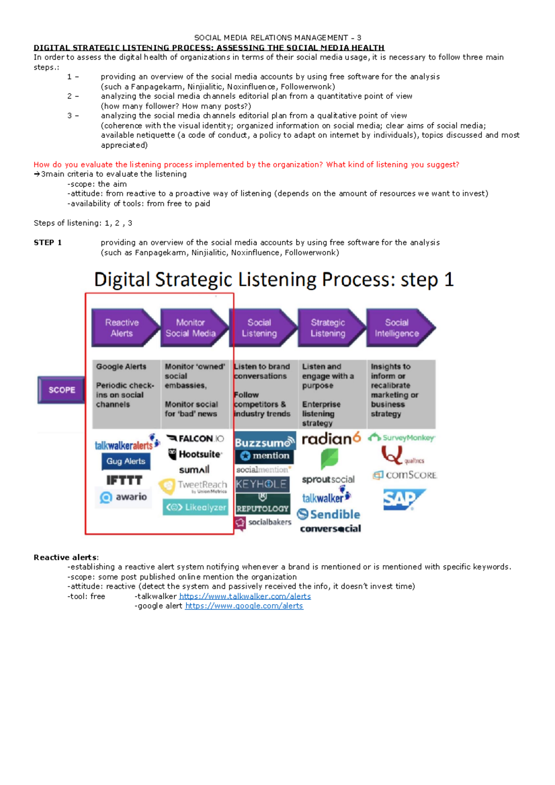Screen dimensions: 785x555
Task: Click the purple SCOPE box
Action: click(62, 390)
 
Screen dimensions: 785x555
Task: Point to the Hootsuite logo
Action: click(195, 454)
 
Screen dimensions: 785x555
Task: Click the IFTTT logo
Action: click(124, 480)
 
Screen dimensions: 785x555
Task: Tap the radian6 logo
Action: click(331, 438)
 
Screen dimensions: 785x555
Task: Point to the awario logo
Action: click(123, 497)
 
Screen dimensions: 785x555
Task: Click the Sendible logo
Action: click(329, 514)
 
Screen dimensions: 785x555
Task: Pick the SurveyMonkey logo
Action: click(401, 437)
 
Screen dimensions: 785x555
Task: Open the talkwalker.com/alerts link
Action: click(245, 596)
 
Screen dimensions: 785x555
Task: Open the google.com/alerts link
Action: click(244, 606)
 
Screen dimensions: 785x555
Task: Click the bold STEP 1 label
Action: click(48, 243)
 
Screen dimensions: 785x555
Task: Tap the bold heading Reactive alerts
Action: click(66, 557)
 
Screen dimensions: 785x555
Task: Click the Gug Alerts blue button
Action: click(126, 461)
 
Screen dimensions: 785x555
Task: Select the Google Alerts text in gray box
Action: click(121, 367)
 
